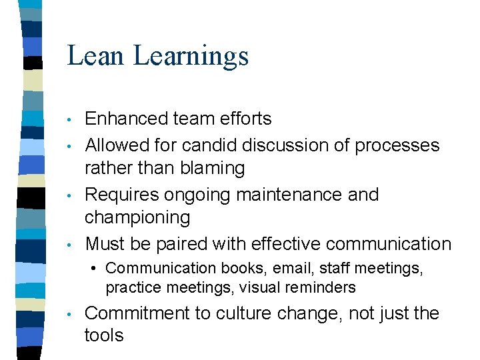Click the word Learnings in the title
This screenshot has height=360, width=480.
point(191,57)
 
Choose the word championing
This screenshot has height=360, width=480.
point(137,217)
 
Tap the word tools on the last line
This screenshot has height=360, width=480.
point(104,335)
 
